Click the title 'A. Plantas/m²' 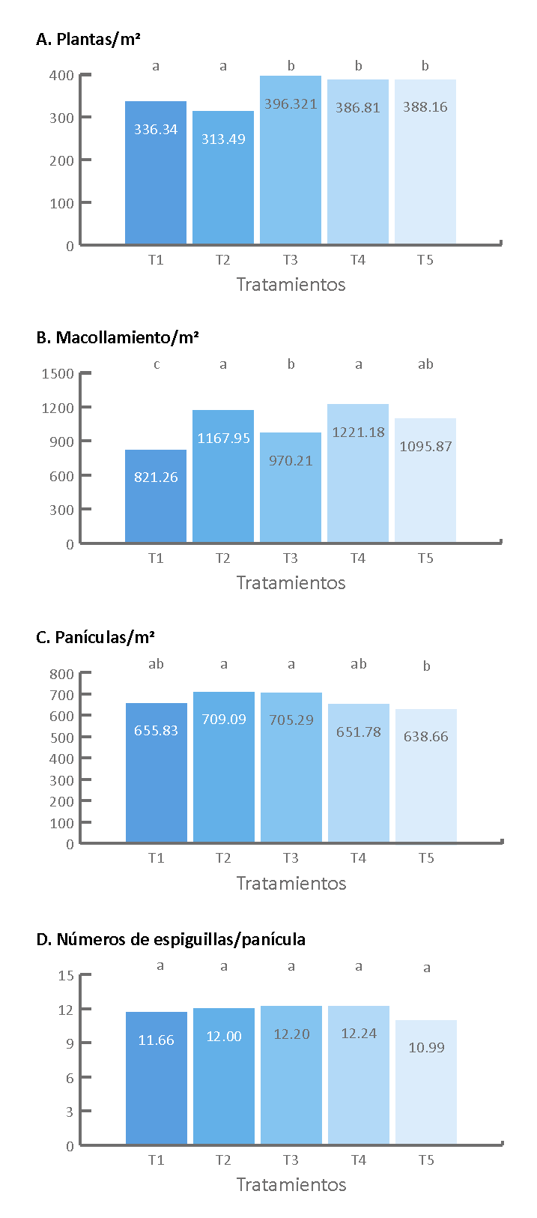(88, 40)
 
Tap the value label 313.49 (223, 139)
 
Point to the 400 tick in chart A (62, 76)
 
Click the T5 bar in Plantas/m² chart (425, 172)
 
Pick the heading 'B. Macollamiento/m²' (117, 338)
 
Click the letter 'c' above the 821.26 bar (156, 365)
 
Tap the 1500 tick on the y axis (58, 374)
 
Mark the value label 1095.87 (425, 447)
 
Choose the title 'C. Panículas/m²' (95, 638)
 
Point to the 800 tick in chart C (62, 675)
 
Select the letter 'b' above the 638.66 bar (426, 666)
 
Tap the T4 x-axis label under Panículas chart (358, 858)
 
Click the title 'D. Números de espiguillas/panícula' (170, 939)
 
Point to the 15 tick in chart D (66, 976)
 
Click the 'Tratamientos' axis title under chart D (291, 1184)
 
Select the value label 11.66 (156, 1040)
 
